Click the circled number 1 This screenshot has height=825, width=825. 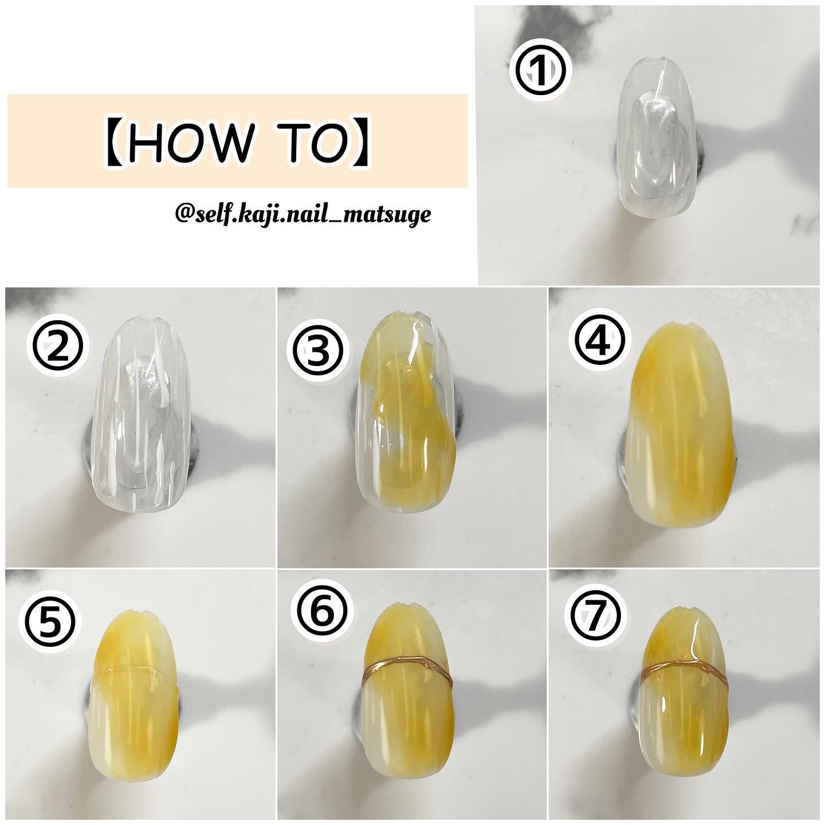(541, 72)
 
